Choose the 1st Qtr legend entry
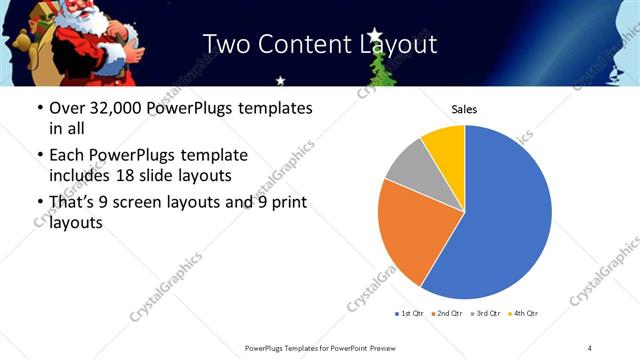click(409, 313)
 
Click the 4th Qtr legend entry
click(524, 313)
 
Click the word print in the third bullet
click(286, 204)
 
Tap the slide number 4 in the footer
click(590, 348)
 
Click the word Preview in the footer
click(377, 348)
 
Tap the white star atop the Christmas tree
click(376, 36)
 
